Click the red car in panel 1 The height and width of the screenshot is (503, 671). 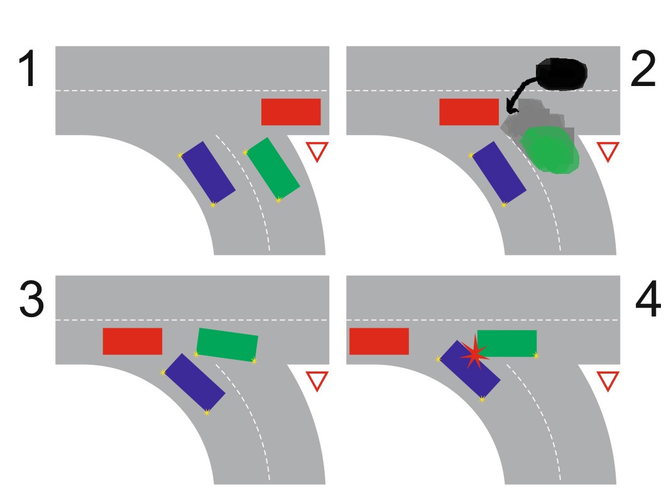tap(291, 112)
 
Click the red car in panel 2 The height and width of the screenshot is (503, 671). tap(469, 112)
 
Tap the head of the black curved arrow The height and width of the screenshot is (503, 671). tap(509, 111)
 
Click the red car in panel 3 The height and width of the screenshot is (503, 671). tap(133, 341)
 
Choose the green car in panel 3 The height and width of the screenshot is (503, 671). tap(227, 344)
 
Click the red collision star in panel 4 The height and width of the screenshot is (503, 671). tap(474, 354)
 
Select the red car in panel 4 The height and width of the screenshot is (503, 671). tap(379, 341)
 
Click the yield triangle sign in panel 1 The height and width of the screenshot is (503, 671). tap(317, 151)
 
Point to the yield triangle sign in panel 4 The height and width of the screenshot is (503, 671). tap(607, 380)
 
